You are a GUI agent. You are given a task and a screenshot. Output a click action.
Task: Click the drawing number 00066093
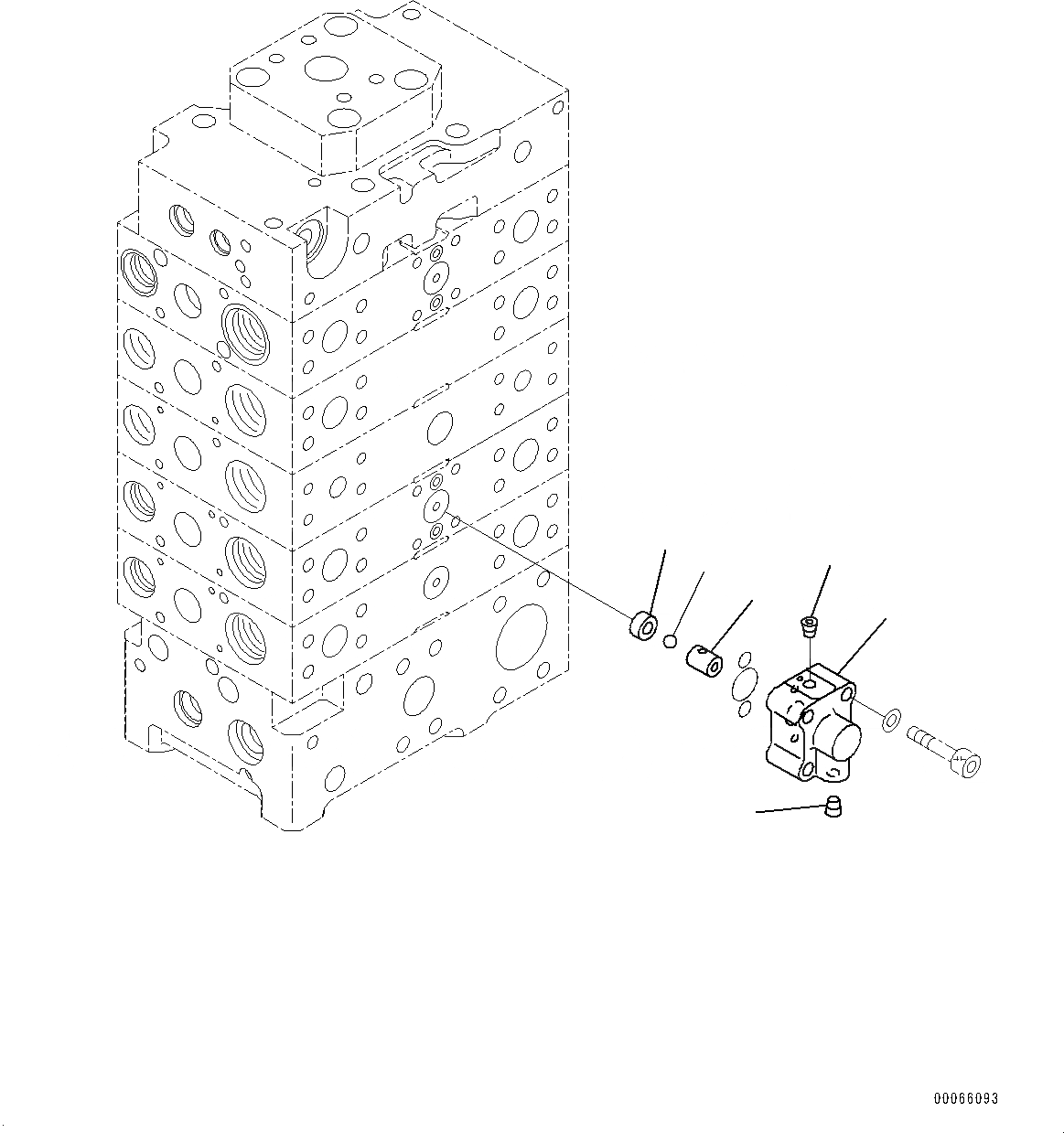tap(966, 1098)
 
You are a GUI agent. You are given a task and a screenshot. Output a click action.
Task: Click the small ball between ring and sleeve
tap(671, 641)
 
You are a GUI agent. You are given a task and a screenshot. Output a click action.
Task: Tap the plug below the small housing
tap(833, 807)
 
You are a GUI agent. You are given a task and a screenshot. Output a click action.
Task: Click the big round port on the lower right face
tap(521, 641)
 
